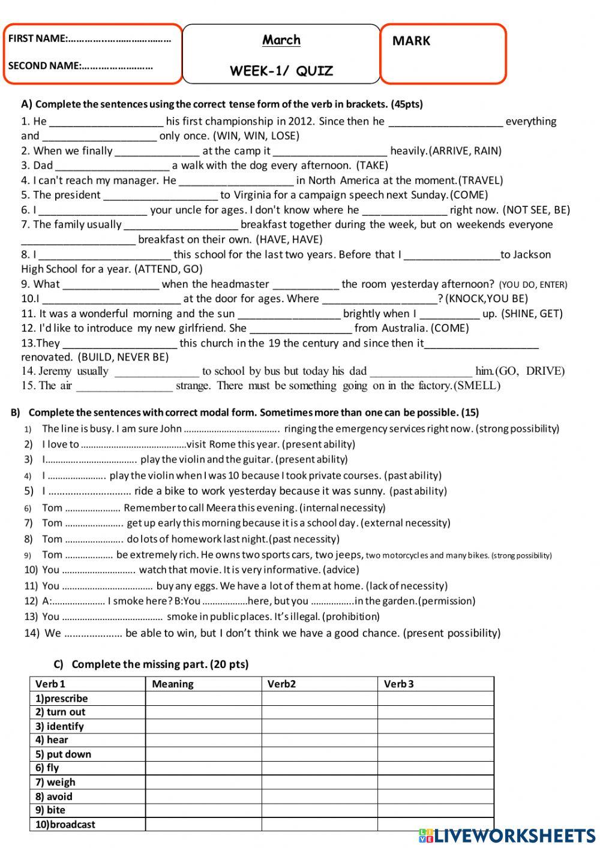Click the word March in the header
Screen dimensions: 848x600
(281, 40)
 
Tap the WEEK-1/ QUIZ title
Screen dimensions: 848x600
(281, 71)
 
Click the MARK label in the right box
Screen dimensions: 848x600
(411, 41)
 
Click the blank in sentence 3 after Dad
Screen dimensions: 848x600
(112, 166)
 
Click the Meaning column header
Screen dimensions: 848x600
(173, 684)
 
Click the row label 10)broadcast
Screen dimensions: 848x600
(65, 825)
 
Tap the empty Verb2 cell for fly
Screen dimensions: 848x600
(319, 768)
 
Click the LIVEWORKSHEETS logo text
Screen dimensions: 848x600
(515, 835)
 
